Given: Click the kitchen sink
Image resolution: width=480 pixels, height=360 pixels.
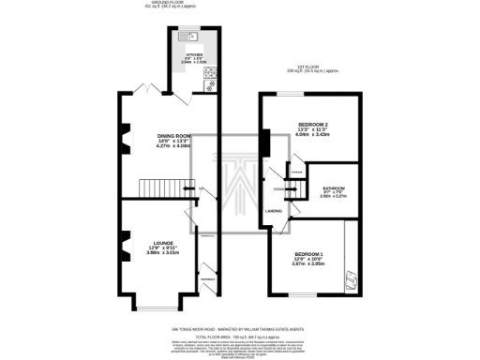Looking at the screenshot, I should click(x=190, y=36).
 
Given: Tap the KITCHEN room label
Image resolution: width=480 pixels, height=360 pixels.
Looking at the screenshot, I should click(x=194, y=55).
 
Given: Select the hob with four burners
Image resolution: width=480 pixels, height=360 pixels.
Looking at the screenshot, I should click(x=209, y=74).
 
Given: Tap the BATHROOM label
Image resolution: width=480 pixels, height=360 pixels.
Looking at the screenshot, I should click(x=334, y=185).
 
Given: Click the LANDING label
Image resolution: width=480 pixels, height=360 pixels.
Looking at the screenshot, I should click(x=274, y=211).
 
